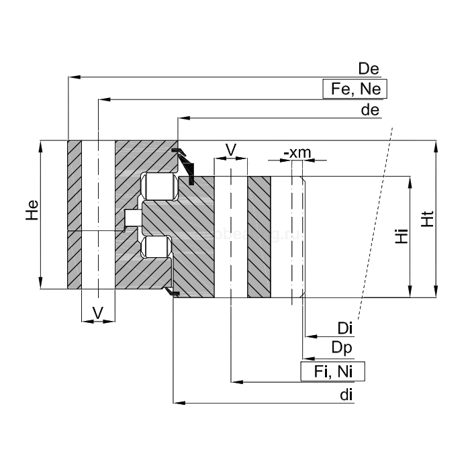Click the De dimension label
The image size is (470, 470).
pos(369,68)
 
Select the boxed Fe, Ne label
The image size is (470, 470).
pos(355,89)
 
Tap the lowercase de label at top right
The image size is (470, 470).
pos(371,110)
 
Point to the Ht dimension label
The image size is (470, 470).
pos(426,218)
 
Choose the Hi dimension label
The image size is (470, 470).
pos(401,236)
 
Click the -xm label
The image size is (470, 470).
pos(297,152)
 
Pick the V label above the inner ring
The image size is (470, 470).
pos(230,149)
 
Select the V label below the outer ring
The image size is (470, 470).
pos(98,312)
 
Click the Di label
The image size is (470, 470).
pos(345,328)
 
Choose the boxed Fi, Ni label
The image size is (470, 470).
pos(332,371)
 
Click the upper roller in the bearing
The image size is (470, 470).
pos(160,187)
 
